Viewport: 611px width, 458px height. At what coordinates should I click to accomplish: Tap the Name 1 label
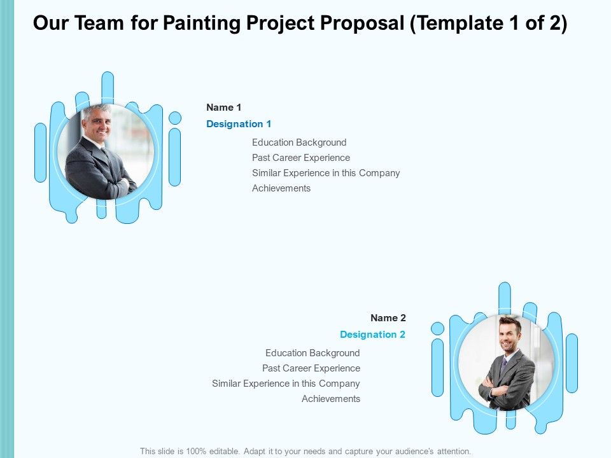tap(223, 108)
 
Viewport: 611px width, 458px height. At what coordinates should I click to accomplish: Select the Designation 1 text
tap(239, 124)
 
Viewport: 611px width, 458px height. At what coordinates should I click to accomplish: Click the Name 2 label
tap(388, 318)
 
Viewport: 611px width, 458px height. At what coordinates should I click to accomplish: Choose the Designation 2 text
tap(372, 335)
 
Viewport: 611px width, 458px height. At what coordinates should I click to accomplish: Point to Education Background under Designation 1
tap(299, 142)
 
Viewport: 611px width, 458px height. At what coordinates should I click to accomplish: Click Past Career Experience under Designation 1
tap(301, 158)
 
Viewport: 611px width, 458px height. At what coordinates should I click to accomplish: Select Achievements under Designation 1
tap(281, 188)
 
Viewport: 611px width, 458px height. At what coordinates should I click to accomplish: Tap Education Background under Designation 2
tap(313, 353)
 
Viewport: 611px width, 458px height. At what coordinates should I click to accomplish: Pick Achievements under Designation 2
tap(331, 399)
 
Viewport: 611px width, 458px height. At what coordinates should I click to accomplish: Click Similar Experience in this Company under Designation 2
tap(286, 384)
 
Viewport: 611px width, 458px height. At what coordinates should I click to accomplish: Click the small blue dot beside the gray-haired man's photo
tap(175, 118)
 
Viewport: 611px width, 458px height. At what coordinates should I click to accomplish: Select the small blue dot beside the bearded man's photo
tap(437, 328)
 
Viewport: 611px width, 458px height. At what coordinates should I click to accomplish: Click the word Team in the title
tap(93, 24)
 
